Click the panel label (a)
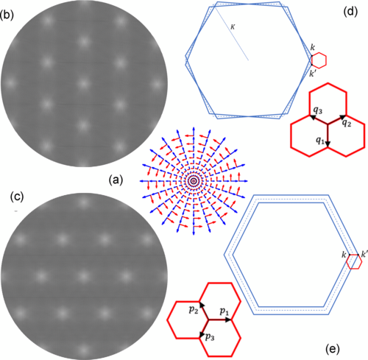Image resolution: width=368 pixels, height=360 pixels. pos(116,180)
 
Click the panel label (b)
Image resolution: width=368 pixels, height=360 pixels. pos(7,15)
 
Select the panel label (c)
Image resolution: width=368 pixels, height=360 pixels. pos(17,197)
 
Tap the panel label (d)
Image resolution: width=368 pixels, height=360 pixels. pos(350,12)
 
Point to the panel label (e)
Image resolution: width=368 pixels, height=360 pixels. pos(333,349)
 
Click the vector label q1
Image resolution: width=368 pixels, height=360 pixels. pos(320,141)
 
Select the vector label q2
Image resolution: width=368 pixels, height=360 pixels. pos(347,123)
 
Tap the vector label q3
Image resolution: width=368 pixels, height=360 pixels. pos(318,110)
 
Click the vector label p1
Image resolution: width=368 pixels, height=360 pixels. pos(224,311)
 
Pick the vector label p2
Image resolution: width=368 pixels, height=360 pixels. pos(194,310)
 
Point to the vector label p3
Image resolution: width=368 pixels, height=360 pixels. pos(210,336)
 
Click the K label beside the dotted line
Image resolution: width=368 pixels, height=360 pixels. pos(233,27)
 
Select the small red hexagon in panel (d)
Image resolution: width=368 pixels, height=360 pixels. pos(319,60)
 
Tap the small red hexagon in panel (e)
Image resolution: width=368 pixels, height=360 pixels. pos(354,262)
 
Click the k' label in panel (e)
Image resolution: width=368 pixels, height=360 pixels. pos(364,255)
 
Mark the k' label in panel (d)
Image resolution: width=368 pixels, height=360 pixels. pos(312,74)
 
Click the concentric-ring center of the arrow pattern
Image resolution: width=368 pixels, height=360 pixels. pos(194,181)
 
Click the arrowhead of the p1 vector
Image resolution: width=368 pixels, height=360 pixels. pos(228,320)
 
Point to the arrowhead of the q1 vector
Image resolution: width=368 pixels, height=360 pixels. pos(328,144)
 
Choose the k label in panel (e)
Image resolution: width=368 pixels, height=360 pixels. pos(344,255)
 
